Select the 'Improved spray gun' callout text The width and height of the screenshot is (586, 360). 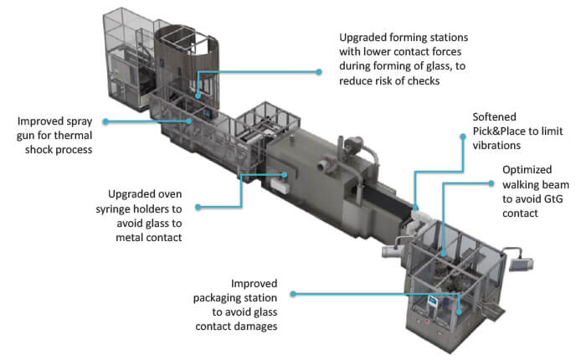(62, 121)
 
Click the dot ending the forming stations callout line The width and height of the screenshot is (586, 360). (319, 72)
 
